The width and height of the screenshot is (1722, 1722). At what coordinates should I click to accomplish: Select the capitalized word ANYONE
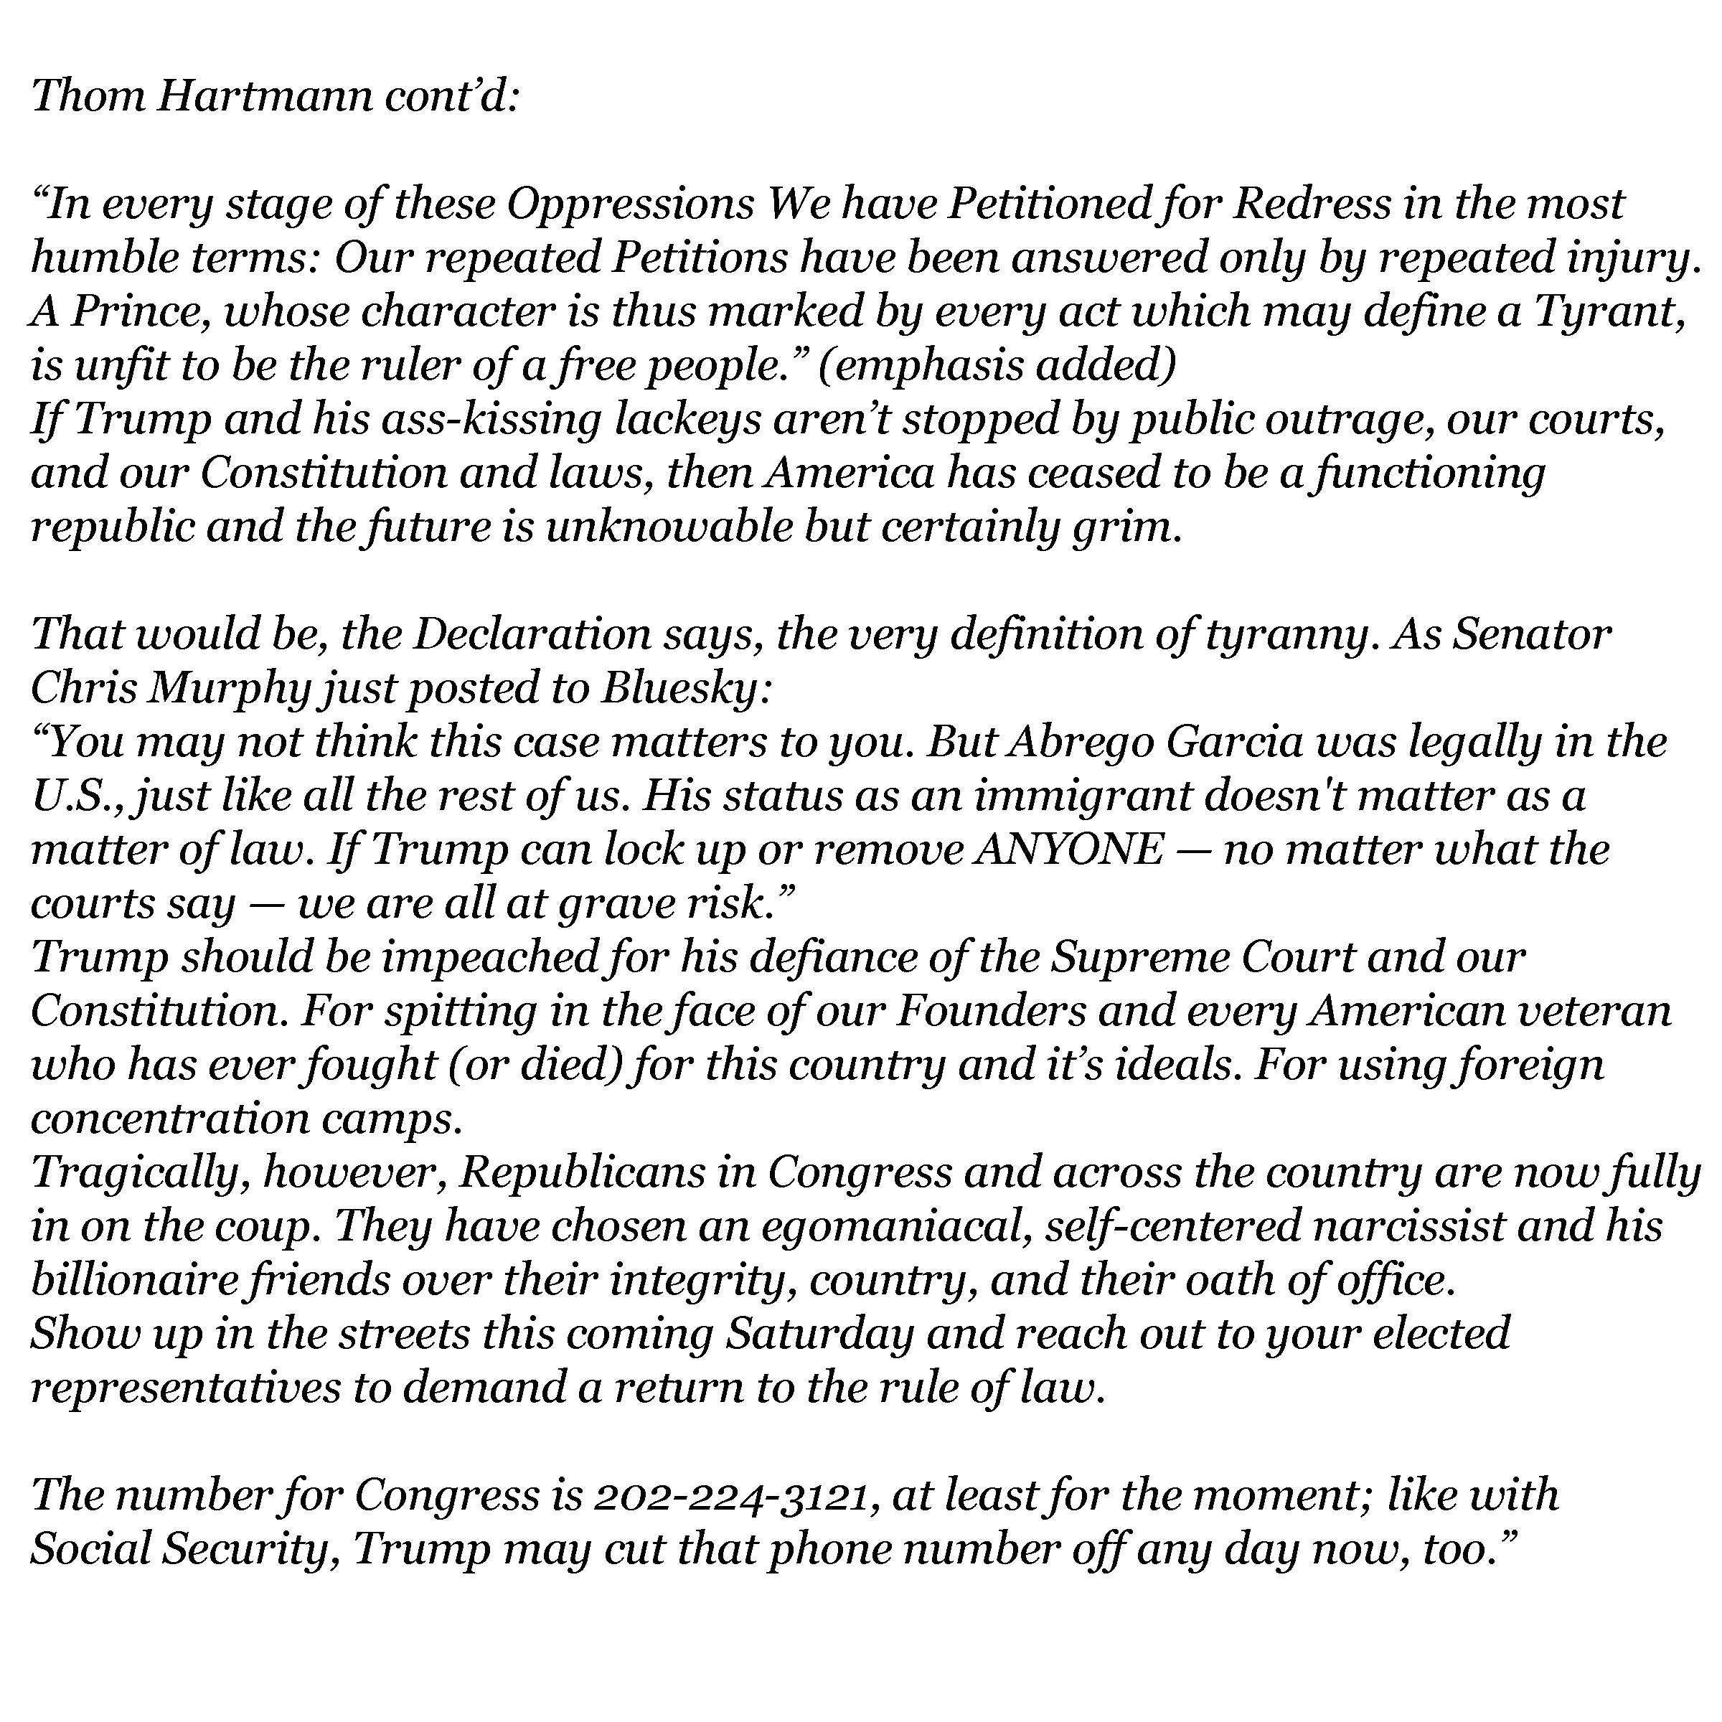[1068, 851]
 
